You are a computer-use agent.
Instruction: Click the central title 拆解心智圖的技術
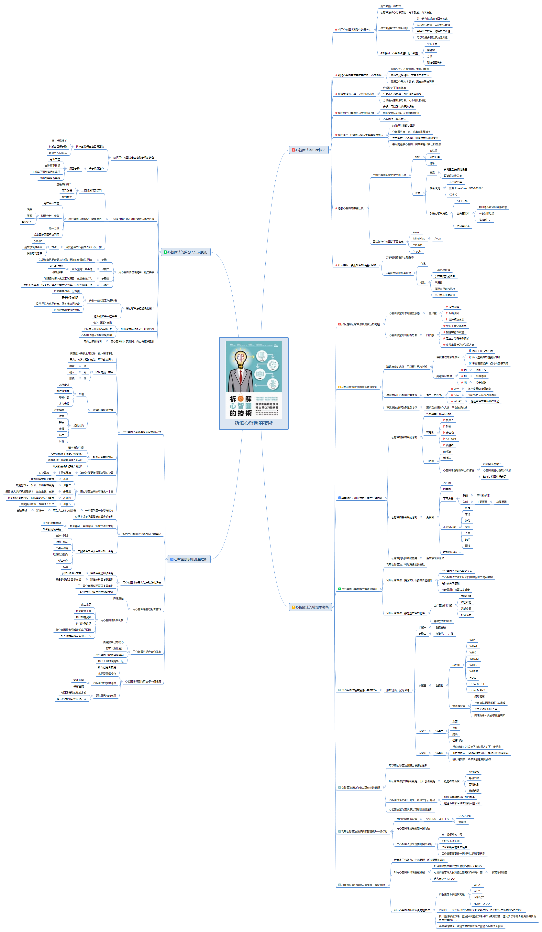tap(254, 423)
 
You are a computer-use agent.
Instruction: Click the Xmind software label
tap(416, 232)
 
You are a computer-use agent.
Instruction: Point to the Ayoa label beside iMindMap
tap(438, 238)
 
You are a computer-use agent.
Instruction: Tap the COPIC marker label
tap(453, 195)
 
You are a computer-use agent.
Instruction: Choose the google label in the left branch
tap(38, 241)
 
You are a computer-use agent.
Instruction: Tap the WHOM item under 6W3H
tap(474, 659)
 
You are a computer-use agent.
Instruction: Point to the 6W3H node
tap(456, 665)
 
